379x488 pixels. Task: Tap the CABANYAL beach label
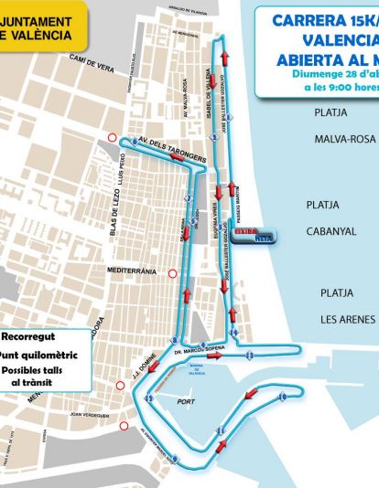pyautogui.click(x=331, y=231)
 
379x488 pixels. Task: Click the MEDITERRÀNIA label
pyautogui.click(x=133, y=271)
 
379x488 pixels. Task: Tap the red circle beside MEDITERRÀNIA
pyautogui.click(x=171, y=271)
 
